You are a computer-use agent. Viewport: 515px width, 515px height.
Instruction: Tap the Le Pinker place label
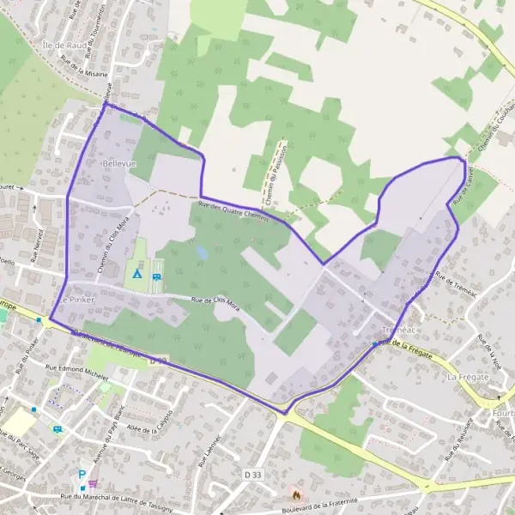(x=78, y=300)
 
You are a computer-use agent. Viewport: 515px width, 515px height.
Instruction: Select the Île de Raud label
(x=63, y=42)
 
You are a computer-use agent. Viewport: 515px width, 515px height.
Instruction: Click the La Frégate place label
(x=467, y=376)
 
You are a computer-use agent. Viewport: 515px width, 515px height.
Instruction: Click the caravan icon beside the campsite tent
(x=156, y=276)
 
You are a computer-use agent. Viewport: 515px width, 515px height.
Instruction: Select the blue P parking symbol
(x=82, y=473)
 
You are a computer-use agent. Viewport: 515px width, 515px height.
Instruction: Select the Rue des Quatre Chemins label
(x=233, y=211)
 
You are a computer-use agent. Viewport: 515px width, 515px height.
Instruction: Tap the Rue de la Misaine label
(x=83, y=67)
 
